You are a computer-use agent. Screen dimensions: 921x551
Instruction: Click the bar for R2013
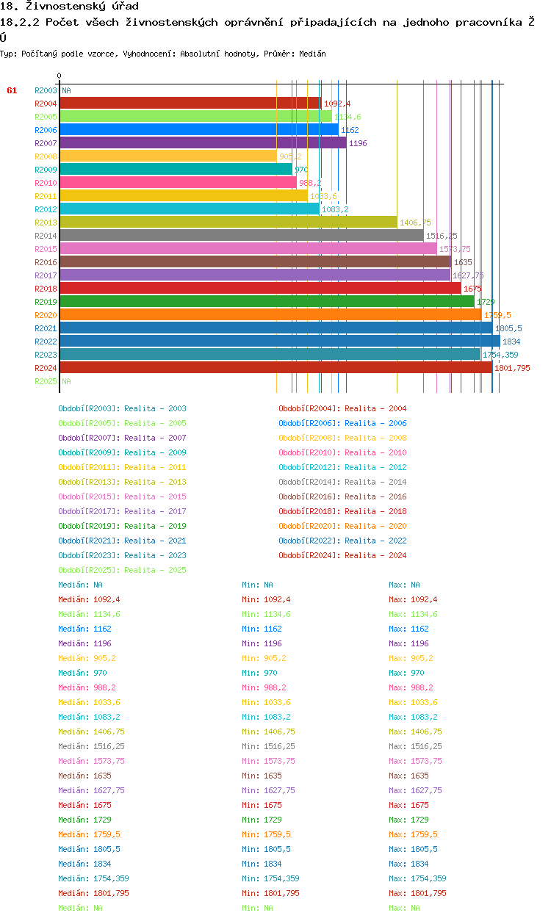tap(228, 222)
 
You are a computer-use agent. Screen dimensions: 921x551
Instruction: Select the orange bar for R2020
tap(270, 314)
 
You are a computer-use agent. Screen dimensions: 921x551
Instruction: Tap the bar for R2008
tap(168, 156)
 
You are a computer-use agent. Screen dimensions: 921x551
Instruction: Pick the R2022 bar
tap(279, 341)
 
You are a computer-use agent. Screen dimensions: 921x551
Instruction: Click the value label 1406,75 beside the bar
tap(415, 223)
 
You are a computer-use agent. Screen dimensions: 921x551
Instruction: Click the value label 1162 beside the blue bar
tap(350, 130)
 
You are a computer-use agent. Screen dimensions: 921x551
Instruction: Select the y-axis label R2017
tap(46, 275)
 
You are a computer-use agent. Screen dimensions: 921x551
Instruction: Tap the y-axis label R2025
tap(46, 381)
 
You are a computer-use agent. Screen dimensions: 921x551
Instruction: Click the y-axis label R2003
tap(46, 90)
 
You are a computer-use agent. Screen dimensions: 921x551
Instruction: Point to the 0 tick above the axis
tap(60, 76)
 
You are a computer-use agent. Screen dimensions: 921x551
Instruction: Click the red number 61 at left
tap(12, 90)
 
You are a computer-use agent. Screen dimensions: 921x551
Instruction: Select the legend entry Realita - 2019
tap(122, 526)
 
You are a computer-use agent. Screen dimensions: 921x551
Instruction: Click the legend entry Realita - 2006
tap(342, 423)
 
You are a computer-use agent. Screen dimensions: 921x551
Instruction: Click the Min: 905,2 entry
tap(264, 658)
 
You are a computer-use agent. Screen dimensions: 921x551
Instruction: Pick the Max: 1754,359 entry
tap(417, 878)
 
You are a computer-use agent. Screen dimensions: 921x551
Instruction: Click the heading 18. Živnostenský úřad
tap(70, 7)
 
